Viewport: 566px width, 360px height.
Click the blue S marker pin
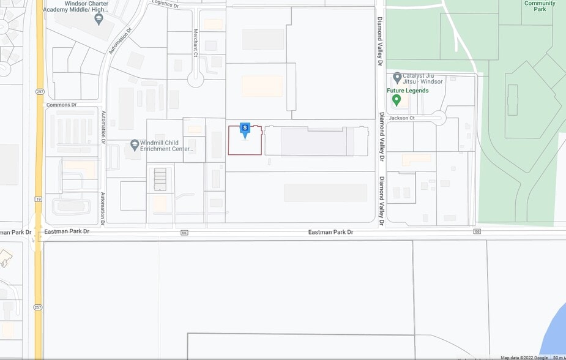[245, 129]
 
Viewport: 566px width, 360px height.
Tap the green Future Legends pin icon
[397, 100]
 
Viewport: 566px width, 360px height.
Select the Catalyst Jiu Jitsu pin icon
[397, 78]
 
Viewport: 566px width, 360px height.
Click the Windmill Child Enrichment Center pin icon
[135, 145]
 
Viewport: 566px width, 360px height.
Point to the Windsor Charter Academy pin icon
[99, 19]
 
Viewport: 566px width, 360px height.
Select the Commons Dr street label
[61, 105]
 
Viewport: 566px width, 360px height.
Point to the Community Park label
[540, 7]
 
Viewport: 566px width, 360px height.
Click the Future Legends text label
[408, 91]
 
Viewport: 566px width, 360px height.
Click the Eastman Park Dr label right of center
[330, 232]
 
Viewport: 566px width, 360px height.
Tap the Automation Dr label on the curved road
[121, 41]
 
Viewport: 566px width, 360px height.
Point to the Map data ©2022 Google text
[524, 358]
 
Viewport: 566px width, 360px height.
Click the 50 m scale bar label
[558, 358]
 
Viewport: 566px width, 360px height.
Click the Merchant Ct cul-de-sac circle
[196, 79]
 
